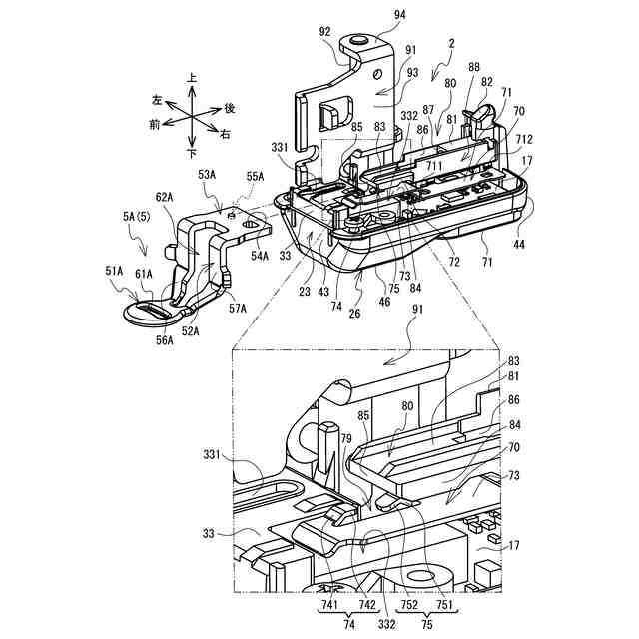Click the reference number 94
(x=371, y=15)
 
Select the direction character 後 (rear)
(x=230, y=108)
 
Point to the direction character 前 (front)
(x=154, y=124)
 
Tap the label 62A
(x=164, y=198)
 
